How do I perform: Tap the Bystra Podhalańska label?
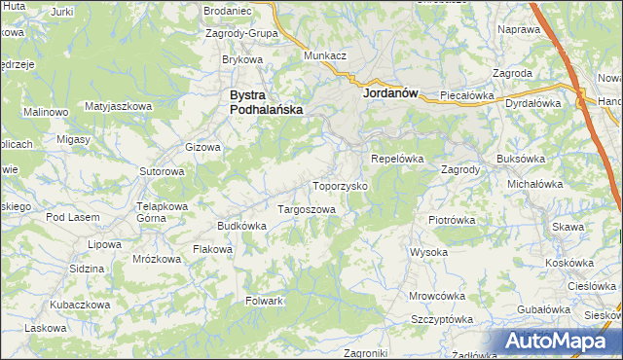(265, 103)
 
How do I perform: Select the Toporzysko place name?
(339, 185)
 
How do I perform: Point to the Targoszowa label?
(307, 209)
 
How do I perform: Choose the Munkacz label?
(325, 56)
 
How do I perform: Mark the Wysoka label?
(428, 252)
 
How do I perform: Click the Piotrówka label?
(451, 220)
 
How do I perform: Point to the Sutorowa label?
(162, 171)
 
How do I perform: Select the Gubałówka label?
(542, 308)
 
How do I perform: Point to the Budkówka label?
(241, 226)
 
